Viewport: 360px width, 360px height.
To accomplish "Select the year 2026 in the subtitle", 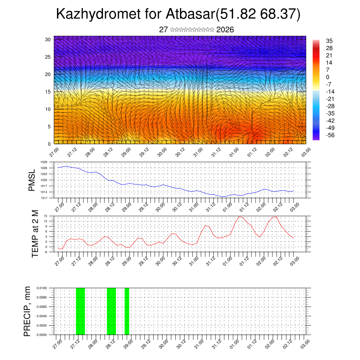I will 225,30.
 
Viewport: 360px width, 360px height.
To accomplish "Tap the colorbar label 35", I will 329,41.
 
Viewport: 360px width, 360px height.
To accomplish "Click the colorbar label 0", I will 328,77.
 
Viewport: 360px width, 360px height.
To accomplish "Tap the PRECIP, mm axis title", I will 28,311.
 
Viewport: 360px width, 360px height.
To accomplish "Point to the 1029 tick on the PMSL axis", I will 44,162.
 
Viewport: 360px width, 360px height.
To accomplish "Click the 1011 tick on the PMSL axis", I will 44,198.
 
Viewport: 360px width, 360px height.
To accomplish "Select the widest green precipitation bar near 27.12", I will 80,311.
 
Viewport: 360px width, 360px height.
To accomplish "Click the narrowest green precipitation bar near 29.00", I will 127,311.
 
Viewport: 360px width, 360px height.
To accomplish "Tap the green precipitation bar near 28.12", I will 111,311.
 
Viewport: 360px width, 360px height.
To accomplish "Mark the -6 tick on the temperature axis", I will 45,252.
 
